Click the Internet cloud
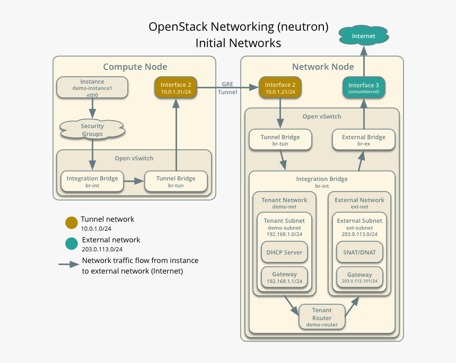tap(364, 36)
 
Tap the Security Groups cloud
tap(92, 130)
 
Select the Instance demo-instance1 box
tap(92, 87)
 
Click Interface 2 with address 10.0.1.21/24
tap(280, 88)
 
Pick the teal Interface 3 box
tap(364, 88)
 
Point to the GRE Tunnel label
tap(227, 88)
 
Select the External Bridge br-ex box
tap(364, 140)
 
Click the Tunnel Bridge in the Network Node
tap(280, 140)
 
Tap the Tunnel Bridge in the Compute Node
tap(176, 181)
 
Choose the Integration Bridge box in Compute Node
tap(93, 181)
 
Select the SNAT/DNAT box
tap(359, 252)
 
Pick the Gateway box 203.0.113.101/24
tap(359, 277)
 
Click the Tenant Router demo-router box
tap(322, 317)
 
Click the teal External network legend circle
tap(71, 244)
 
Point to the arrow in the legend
tap(69, 265)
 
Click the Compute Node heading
tap(135, 67)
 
